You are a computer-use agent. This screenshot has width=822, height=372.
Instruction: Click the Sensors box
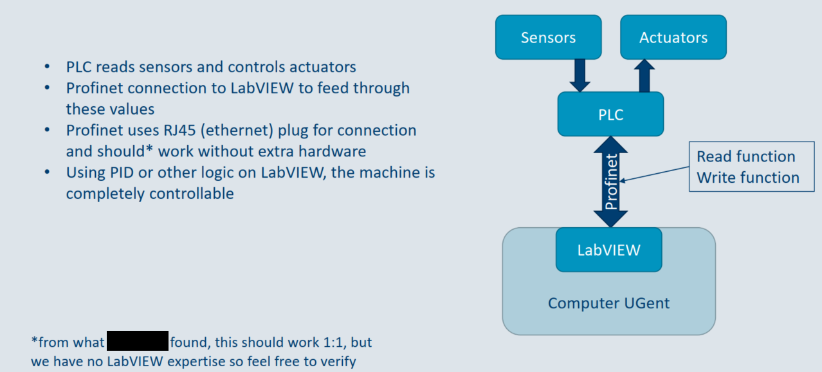point(548,37)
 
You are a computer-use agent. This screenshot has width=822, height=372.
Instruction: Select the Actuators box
point(673,37)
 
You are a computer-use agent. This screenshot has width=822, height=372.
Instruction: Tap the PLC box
point(610,115)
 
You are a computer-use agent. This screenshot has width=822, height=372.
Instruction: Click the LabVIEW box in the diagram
point(608,250)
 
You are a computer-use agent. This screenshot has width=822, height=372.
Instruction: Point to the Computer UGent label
point(608,302)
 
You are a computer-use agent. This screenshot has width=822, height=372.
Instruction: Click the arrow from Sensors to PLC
point(580,75)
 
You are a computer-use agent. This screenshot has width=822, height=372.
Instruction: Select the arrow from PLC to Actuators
point(644,75)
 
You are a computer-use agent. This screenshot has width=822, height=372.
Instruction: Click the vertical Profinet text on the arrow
point(612,181)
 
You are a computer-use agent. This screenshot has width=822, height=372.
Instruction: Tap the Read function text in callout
point(745,156)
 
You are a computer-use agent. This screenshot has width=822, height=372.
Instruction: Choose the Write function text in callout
point(748,178)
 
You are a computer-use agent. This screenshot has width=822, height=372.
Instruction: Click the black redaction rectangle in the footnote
point(137,341)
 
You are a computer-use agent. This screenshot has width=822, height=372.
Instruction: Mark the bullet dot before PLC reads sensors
point(47,67)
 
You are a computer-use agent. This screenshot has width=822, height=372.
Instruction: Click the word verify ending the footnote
point(336,362)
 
